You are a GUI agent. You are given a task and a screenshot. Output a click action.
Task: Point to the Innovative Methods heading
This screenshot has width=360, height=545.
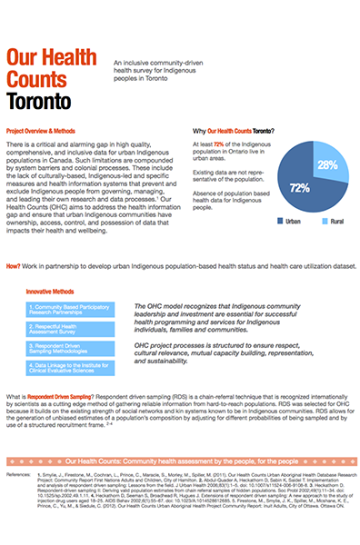54,292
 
